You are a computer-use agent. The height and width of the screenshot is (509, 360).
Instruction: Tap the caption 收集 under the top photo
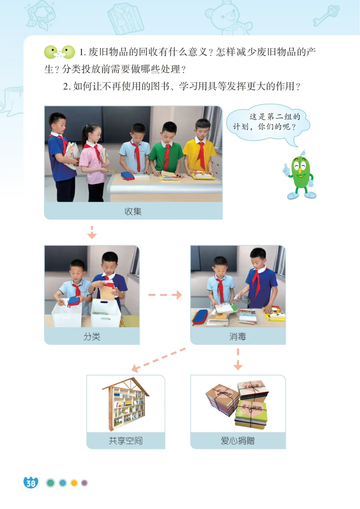point(133,211)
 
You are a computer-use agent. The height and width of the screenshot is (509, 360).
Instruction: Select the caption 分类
point(92,336)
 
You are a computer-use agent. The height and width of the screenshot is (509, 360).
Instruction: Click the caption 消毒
point(238,336)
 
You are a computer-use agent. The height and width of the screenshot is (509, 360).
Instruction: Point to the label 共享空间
point(126,441)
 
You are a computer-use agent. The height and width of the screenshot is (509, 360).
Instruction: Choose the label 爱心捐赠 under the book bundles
point(238,441)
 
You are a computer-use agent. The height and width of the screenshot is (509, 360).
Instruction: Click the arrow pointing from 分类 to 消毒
point(165,295)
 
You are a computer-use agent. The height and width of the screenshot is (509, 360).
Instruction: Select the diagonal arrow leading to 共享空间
point(159,360)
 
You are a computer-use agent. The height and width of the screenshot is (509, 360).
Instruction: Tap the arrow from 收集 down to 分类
point(92,232)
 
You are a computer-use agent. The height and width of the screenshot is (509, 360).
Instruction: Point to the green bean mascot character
point(300,175)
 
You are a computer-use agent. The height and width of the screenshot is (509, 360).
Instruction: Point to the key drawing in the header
point(326,15)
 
